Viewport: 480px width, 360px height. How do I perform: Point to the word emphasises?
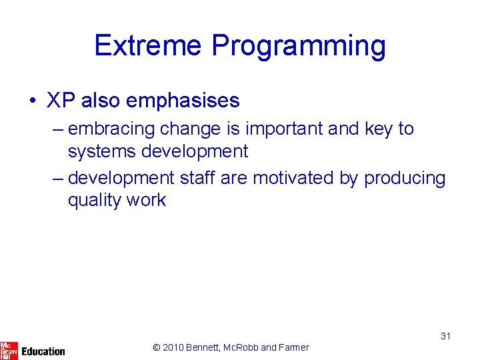(182, 101)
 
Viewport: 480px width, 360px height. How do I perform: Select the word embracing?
(107, 129)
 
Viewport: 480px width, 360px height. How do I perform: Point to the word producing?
(404, 179)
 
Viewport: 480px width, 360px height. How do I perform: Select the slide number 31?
(445, 336)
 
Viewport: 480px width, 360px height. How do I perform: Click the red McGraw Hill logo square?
(9, 350)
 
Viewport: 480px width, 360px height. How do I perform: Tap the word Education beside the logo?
(43, 351)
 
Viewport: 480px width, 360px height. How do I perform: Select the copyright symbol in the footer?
(157, 347)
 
